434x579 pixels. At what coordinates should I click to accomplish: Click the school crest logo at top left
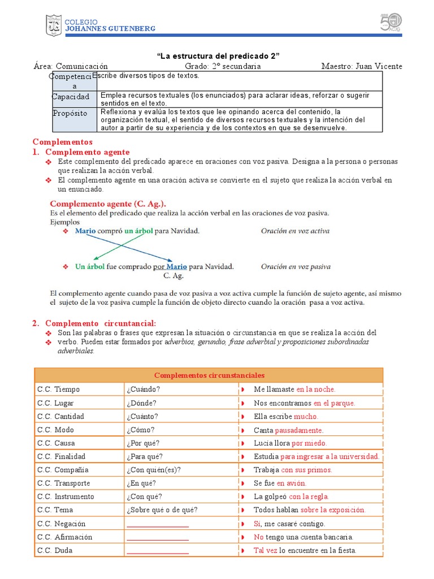(x=54, y=25)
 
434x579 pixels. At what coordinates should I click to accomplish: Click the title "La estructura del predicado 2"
(x=218, y=55)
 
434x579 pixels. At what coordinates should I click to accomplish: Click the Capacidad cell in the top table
(x=70, y=97)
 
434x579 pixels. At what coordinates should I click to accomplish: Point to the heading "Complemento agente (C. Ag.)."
(x=108, y=204)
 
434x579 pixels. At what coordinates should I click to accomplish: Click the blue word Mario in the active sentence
(x=85, y=231)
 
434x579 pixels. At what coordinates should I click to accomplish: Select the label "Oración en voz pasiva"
(x=296, y=267)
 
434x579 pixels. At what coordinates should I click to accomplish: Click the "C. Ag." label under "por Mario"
(x=173, y=276)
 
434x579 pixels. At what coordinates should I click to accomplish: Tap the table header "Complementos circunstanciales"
(x=209, y=375)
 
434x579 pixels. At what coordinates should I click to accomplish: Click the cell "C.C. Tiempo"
(x=59, y=390)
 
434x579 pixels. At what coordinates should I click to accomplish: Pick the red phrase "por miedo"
(x=309, y=443)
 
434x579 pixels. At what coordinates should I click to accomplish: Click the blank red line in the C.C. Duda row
(x=158, y=552)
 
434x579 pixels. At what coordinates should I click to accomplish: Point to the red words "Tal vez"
(x=266, y=551)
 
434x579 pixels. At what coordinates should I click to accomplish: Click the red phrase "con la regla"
(x=309, y=497)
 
